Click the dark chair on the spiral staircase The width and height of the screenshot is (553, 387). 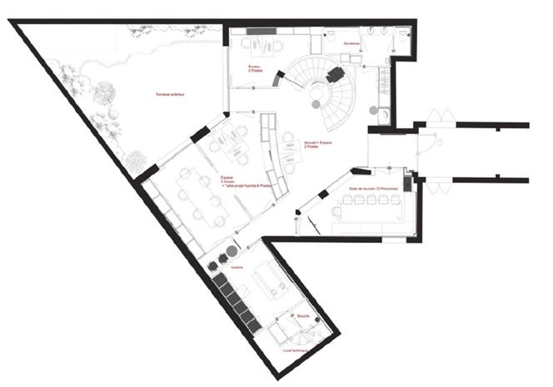pos(335,74)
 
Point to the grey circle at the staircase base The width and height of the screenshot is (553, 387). pos(316,103)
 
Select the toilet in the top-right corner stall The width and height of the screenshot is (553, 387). pos(404,34)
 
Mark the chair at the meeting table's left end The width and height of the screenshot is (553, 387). pos(336,210)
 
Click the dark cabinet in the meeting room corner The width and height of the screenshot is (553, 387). pos(407,183)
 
